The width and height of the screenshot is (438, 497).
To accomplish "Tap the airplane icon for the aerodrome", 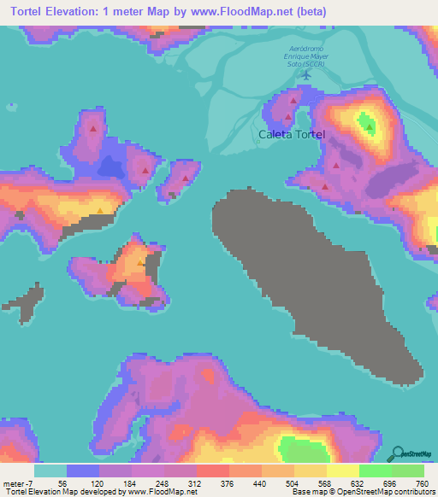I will [305, 75].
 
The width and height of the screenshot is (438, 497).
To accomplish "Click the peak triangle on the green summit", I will [370, 127].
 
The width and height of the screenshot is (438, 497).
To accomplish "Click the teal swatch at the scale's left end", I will [50, 471].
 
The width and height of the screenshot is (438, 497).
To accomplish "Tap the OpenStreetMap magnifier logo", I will [399, 453].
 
